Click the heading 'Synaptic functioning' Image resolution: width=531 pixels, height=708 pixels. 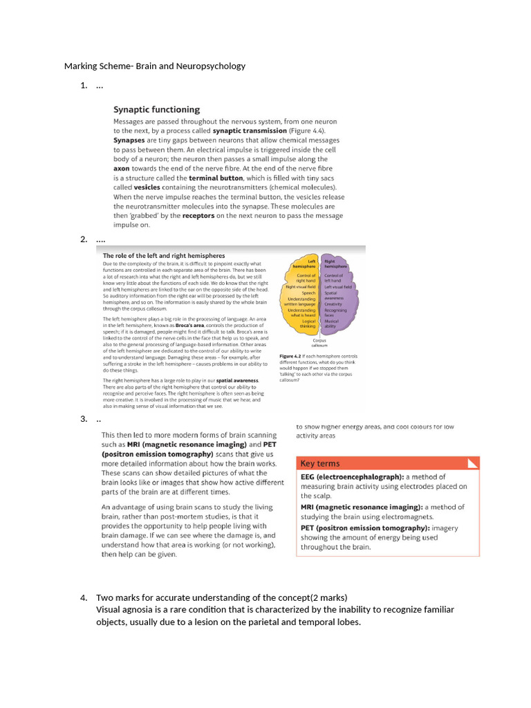click(156, 109)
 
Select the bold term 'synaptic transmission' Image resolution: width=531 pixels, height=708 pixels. click(249, 130)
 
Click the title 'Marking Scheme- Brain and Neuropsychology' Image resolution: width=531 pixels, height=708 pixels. click(155, 66)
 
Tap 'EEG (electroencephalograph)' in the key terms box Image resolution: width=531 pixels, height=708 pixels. click(352, 477)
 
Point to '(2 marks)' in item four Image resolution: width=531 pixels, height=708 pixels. click(329, 597)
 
